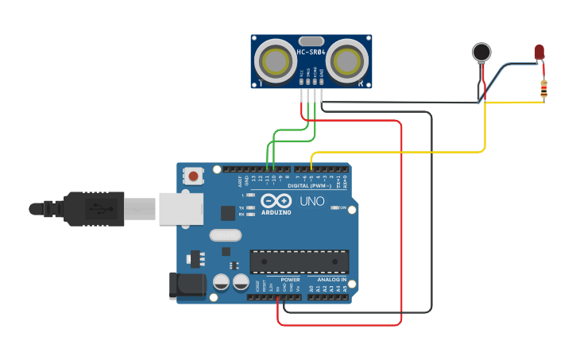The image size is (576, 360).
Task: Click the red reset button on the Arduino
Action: [193, 175]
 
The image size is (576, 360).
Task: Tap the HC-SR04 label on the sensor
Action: [311, 52]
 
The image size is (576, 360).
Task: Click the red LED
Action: [539, 52]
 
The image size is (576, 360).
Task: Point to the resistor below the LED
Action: [543, 89]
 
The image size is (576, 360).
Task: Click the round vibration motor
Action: [481, 52]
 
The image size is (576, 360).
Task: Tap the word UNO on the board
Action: [312, 201]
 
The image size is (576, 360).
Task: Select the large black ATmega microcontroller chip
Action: [299, 261]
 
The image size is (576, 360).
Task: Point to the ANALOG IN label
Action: [331, 280]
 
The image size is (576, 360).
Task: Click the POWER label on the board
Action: [290, 280]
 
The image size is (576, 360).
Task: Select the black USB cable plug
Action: [94, 208]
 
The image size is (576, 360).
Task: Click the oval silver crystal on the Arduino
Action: [225, 235]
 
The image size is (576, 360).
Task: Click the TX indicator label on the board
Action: [242, 208]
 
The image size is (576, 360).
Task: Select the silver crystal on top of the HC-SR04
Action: [311, 41]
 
